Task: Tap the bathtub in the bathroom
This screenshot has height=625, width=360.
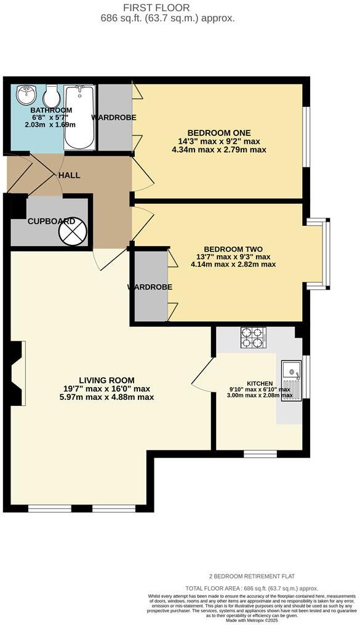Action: point(79,117)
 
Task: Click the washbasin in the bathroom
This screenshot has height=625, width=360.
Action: point(26,95)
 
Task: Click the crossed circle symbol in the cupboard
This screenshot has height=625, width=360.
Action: point(73,232)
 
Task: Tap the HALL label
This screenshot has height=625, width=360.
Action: point(70,175)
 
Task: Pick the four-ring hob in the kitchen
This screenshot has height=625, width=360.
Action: point(252,336)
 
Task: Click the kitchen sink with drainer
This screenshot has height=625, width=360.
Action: point(291,380)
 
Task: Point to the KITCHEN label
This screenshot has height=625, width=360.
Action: point(259,383)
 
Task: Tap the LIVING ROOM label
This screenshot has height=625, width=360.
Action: point(106,380)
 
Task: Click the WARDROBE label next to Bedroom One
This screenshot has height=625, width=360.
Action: point(114,117)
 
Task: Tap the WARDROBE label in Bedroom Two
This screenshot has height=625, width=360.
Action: point(150,287)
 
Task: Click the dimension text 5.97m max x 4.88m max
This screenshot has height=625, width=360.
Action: point(106,397)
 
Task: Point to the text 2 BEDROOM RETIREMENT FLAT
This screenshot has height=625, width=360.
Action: point(252,576)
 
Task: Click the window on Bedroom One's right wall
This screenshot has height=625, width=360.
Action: point(306,137)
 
